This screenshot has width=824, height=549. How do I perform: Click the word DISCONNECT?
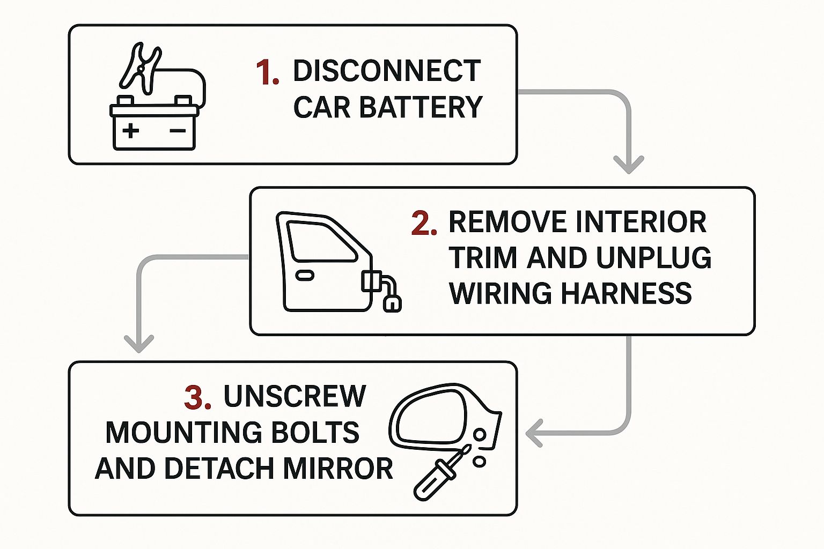pos(386,71)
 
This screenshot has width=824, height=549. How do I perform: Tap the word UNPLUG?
pos(653,258)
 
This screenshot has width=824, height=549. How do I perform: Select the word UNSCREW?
pos(295,397)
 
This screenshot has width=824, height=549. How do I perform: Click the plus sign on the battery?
pos(130,131)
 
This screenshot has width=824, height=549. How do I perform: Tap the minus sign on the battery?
pos(178,131)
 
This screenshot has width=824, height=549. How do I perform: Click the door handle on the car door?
pos(305,275)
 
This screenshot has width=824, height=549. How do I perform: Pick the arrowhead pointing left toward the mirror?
pos(534,433)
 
